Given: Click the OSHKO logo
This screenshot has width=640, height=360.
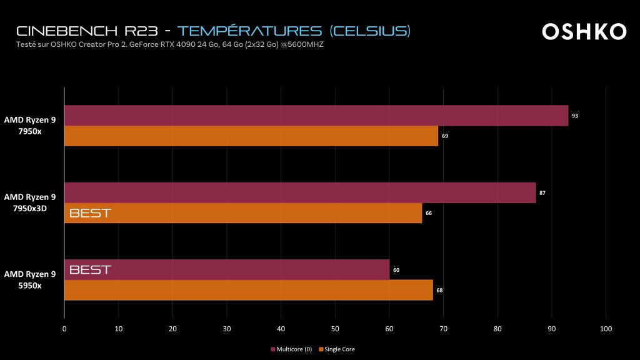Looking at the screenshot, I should [x=584, y=32].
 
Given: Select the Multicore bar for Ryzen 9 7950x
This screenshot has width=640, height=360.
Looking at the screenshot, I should [x=316, y=116].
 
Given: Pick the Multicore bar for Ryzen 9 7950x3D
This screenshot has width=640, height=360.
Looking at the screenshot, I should [x=300, y=192].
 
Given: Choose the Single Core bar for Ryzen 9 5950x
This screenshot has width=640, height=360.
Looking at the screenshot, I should [x=249, y=290].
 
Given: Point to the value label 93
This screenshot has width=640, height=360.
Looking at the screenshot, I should [x=575, y=116].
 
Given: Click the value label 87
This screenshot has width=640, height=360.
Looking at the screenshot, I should [x=542, y=192].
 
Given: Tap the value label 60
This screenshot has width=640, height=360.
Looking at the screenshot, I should [x=396, y=270].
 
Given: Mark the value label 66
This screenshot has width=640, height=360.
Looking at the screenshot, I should [x=429, y=213].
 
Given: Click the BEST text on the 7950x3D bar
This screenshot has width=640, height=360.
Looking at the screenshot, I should [x=90, y=213].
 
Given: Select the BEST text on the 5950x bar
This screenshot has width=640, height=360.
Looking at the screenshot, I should [x=90, y=270].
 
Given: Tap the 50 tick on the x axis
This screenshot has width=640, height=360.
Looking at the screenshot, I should [x=335, y=328].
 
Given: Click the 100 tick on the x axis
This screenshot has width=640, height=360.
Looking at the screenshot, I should [x=605, y=328].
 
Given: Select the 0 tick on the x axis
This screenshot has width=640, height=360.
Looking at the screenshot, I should [x=64, y=328].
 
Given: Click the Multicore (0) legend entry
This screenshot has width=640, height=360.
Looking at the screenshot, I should [x=292, y=349].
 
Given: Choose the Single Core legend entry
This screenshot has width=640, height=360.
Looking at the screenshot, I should [x=339, y=349].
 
